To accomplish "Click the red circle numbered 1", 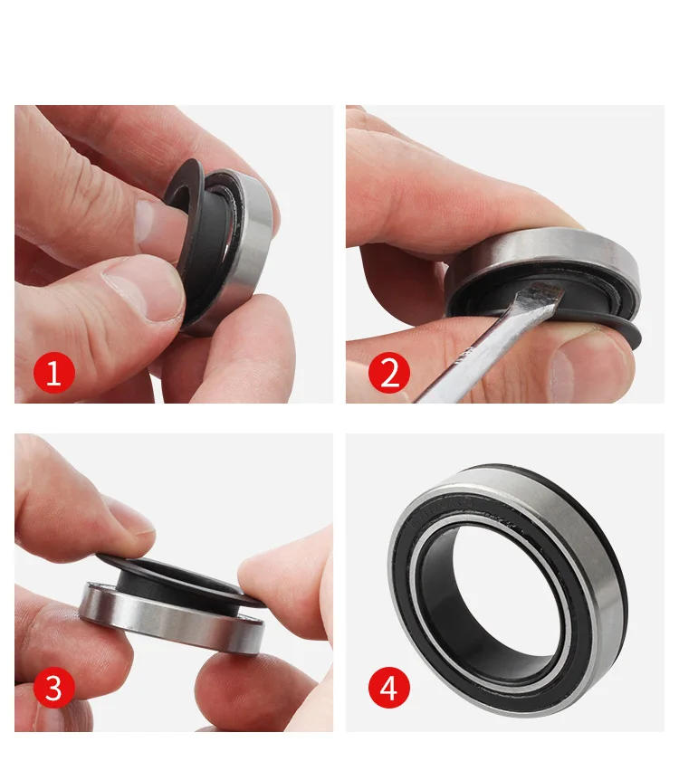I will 53,373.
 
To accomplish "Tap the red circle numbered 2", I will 389,373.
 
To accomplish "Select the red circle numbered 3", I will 53,690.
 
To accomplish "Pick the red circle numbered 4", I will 389,690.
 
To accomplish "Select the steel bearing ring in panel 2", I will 543,249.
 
